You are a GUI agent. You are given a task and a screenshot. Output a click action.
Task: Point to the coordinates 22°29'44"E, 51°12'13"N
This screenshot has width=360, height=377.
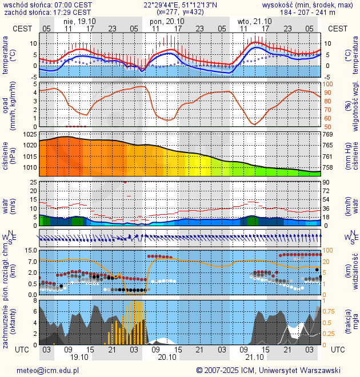coord(179,5)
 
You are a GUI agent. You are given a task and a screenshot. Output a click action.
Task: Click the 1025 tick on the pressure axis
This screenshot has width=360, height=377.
coord(30,134)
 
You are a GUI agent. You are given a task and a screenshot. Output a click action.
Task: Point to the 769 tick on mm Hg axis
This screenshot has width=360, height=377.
coord(328,134)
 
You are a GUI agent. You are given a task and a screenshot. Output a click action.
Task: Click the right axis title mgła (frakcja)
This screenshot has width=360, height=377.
coord(348,323)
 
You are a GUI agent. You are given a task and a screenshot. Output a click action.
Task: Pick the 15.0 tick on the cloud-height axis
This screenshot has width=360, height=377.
coord(30,250)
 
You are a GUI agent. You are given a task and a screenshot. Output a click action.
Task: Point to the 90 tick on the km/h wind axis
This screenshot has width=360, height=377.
coord(327,182)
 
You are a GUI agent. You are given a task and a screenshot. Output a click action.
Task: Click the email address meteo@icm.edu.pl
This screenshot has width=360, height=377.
coord(47,370)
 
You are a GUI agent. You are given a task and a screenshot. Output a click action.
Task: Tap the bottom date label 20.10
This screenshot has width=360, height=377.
coord(167,358)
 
